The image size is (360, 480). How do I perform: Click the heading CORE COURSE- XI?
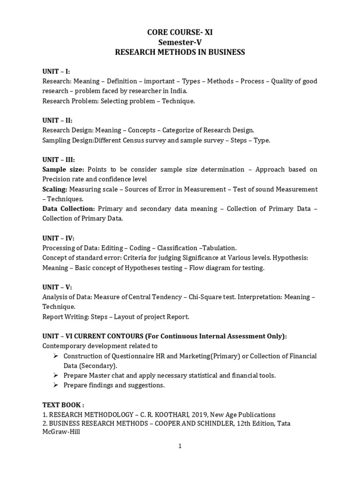point(180,32)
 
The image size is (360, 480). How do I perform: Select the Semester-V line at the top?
point(180,42)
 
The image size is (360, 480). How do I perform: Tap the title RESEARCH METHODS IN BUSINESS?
point(180,52)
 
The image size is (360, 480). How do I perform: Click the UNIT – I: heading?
point(56,71)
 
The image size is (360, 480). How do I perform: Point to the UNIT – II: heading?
point(58,120)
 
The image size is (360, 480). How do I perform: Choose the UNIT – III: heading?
point(59,159)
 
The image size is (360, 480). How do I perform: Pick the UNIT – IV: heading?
point(59,238)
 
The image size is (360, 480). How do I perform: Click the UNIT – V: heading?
point(57,287)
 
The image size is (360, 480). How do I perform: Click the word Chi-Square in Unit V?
point(205,297)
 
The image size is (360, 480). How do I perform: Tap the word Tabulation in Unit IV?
point(219,248)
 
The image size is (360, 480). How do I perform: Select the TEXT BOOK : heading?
point(63,405)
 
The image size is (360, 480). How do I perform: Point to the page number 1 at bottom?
point(180,446)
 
